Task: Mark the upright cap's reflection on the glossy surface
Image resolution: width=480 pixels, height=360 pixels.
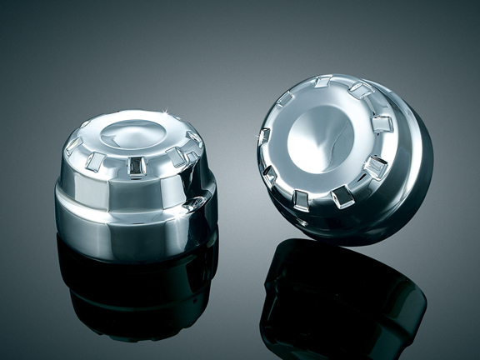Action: [x=137, y=292]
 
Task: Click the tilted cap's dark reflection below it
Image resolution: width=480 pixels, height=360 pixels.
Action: [x=342, y=300]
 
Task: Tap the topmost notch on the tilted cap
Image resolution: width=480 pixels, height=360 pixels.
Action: [x=322, y=82]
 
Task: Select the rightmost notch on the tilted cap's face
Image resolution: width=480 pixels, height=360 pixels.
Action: [x=382, y=124]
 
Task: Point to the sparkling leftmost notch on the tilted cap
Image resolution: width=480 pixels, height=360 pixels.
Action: [x=264, y=136]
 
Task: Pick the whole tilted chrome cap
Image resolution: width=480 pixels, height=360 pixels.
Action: [x=342, y=154]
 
